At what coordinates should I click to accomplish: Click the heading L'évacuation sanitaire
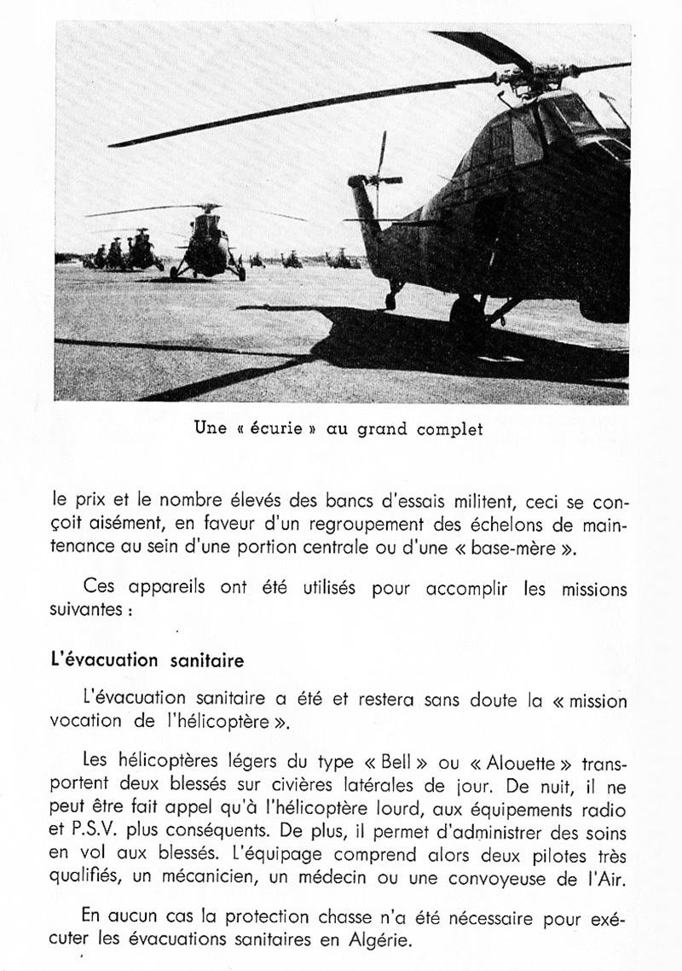tap(149, 660)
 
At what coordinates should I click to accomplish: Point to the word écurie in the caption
tap(275, 429)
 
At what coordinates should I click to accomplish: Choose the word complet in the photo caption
tap(449, 429)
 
